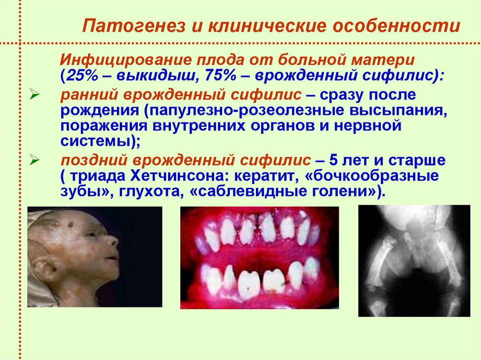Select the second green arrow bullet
[x=33, y=160]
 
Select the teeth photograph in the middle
[x=259, y=257]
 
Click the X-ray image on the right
[x=414, y=260]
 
